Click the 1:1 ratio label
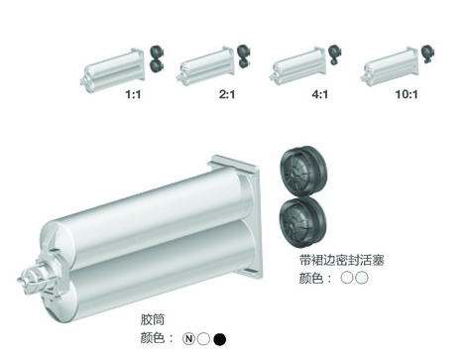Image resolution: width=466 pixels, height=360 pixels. (x=133, y=94)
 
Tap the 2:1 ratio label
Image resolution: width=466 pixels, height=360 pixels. (x=227, y=94)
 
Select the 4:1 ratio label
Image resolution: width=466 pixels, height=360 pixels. (x=320, y=94)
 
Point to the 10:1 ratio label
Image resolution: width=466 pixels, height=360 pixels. (x=407, y=94)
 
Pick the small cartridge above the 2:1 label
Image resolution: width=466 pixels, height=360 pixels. (x=205, y=66)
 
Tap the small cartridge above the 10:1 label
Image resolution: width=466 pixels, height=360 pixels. (x=390, y=66)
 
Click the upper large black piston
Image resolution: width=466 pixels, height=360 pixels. (x=303, y=172)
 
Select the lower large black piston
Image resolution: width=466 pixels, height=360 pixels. (x=302, y=222)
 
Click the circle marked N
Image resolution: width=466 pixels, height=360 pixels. (x=188, y=339)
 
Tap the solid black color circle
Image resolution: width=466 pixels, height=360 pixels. (x=220, y=339)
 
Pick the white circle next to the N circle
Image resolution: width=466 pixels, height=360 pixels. (x=203, y=339)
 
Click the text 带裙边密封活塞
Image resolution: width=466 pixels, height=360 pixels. (x=342, y=260)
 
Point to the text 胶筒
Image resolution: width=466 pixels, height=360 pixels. (x=153, y=319)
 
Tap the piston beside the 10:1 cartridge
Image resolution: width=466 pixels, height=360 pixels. (x=427, y=54)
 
